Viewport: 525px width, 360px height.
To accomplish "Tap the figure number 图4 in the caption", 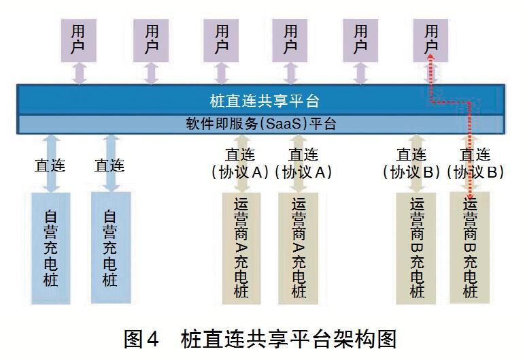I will pyautogui.click(x=141, y=339).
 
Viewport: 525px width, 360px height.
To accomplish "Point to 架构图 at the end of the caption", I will pyautogui.click(x=367, y=339).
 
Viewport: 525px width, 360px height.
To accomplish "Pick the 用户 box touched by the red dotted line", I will pyautogui.click(x=431, y=39).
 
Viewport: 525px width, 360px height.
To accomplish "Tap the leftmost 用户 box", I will pyautogui.click(x=80, y=39).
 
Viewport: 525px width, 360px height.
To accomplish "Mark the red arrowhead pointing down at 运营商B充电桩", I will pyautogui.click(x=469, y=197).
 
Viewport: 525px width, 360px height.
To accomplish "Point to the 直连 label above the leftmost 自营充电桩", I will pyautogui.click(x=50, y=165).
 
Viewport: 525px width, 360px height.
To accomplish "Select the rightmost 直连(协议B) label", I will pyautogui.click(x=475, y=164).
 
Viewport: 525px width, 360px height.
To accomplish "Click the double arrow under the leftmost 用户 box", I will pyautogui.click(x=80, y=72).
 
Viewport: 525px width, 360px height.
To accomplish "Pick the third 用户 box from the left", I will pyautogui.click(x=222, y=39).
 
